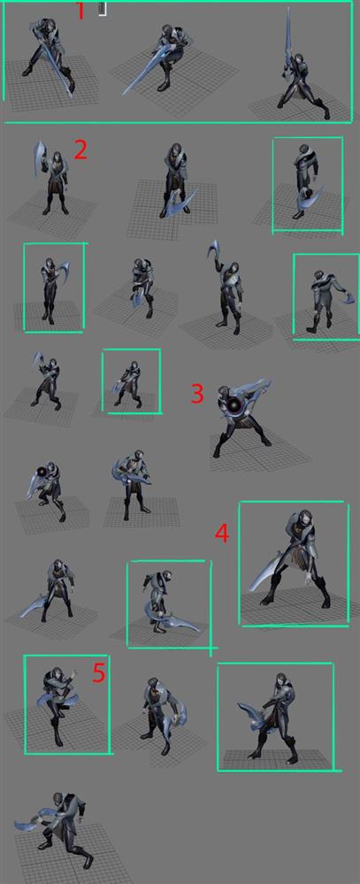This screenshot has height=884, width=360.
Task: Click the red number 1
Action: [x=80, y=12]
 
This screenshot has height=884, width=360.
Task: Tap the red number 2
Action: [x=80, y=150]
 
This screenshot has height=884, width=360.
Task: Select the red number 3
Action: [x=197, y=394]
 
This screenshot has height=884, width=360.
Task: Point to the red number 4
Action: [x=222, y=534]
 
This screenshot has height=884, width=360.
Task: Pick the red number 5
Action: [x=99, y=673]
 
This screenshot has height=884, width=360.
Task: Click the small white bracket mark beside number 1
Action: [x=102, y=9]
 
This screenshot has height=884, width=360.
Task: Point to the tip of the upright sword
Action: [x=288, y=9]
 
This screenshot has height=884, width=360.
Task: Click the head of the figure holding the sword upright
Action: [x=298, y=60]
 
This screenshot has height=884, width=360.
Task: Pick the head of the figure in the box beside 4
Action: [x=305, y=519]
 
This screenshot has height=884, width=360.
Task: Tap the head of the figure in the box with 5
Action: [x=57, y=675]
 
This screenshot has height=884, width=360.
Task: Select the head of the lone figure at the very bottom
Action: [x=57, y=799]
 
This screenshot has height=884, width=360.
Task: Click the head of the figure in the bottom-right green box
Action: [x=280, y=681]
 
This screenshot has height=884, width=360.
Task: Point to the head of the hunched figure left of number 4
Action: [x=55, y=566]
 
